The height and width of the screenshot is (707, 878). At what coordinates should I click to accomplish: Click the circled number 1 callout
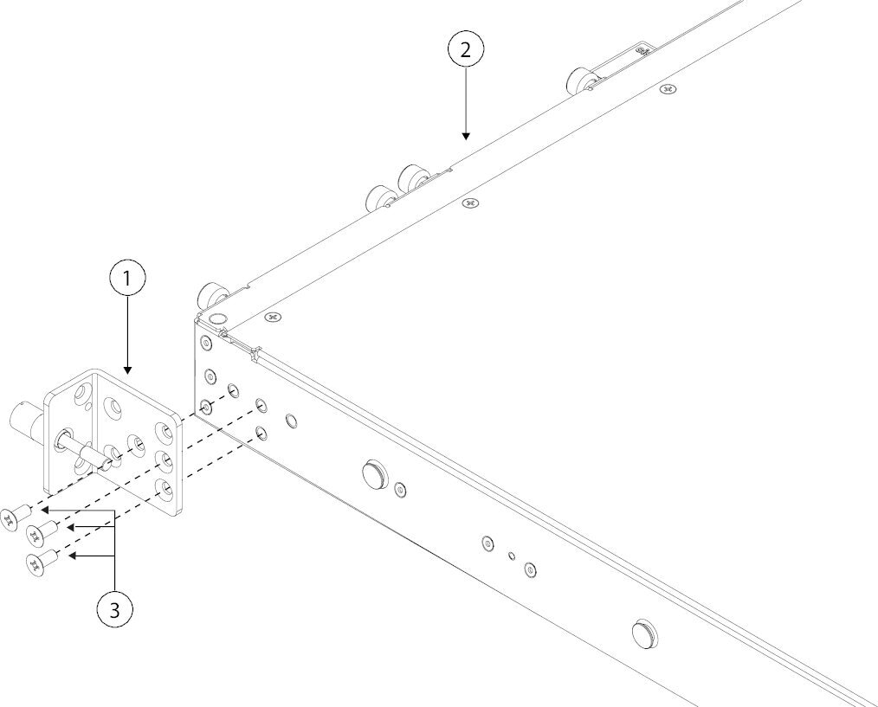coord(127,278)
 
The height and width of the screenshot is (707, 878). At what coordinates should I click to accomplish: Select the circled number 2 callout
coord(465,50)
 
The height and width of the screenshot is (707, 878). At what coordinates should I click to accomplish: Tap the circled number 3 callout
coord(115,610)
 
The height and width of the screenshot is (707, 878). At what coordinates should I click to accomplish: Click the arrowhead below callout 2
coord(465,136)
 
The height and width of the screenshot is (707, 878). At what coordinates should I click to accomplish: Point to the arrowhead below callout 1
coord(127,370)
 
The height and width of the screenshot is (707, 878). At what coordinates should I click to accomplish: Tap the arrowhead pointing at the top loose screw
coord(45,511)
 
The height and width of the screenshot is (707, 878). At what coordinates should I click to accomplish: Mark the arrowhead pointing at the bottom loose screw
coord(73,556)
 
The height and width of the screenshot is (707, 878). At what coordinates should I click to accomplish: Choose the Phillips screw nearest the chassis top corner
coord(273,317)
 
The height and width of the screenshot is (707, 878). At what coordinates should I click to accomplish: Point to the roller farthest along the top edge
coord(583,80)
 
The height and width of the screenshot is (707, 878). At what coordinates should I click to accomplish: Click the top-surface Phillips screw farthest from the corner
coord(667,88)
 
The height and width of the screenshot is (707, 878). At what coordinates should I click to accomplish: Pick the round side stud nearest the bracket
coord(373,473)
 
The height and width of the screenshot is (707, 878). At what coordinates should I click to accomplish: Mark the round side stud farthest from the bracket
coord(644,633)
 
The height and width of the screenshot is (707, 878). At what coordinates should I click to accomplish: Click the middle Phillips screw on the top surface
coord(470,202)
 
